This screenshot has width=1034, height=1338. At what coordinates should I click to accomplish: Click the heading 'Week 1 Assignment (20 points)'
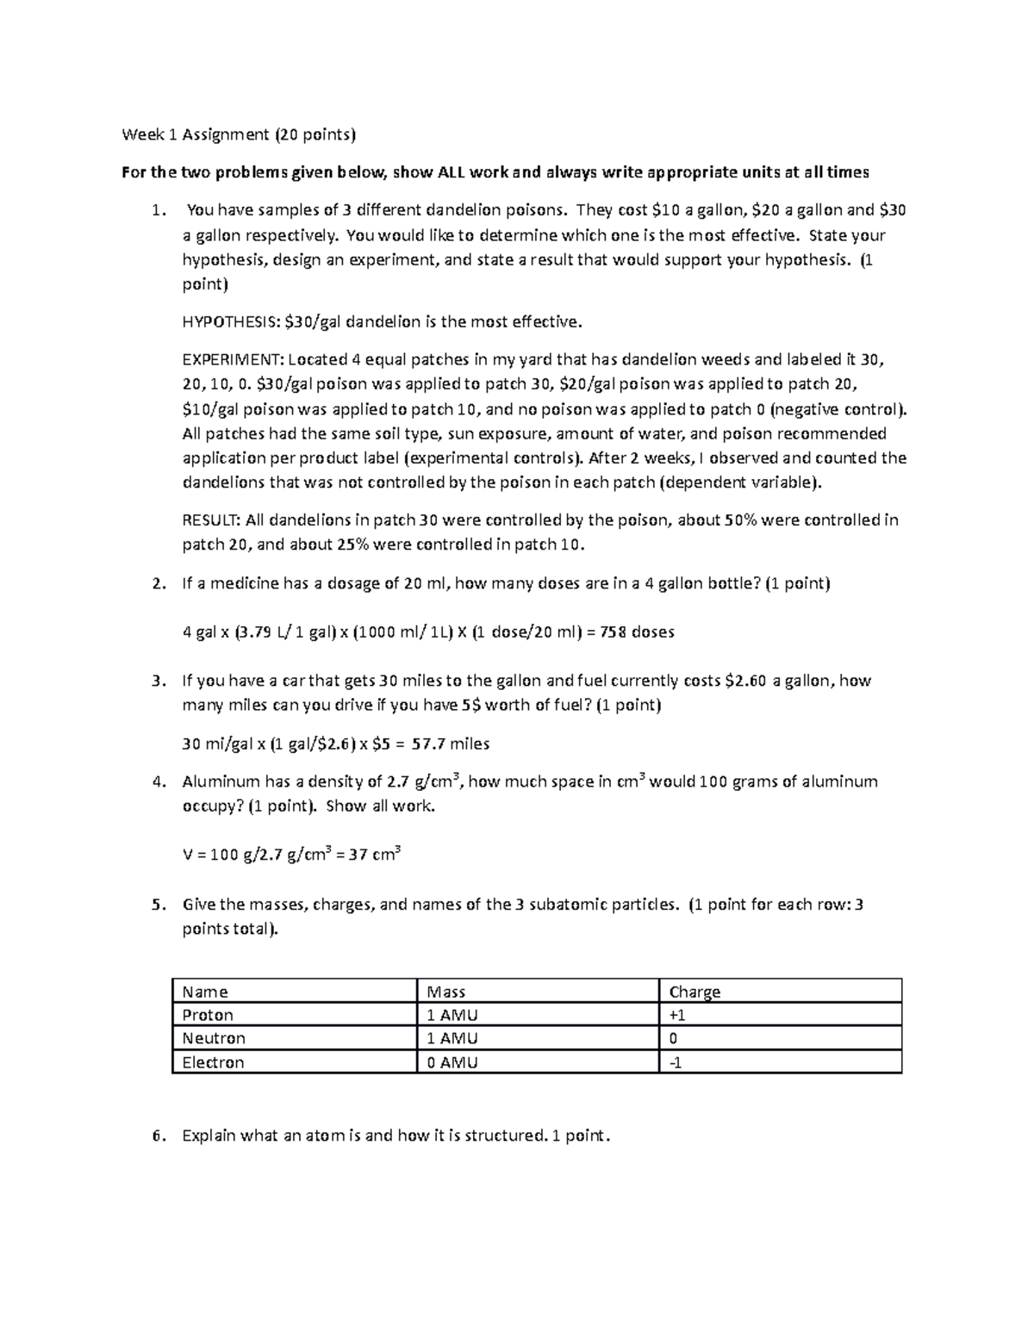pyautogui.click(x=238, y=134)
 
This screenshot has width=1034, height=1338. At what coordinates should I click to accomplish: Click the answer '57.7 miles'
pyautogui.click(x=451, y=744)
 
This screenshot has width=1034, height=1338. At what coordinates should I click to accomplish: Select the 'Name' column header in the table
pyautogui.click(x=205, y=992)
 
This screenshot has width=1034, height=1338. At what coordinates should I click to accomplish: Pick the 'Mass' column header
pyautogui.click(x=446, y=992)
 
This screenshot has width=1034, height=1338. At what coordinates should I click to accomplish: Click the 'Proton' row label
pyautogui.click(x=208, y=1015)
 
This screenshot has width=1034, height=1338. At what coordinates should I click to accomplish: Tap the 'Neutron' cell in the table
pyautogui.click(x=214, y=1038)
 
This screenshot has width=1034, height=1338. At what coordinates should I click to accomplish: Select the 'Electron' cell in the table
pyautogui.click(x=213, y=1062)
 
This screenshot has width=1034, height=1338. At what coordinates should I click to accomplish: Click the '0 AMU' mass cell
pyautogui.click(x=452, y=1062)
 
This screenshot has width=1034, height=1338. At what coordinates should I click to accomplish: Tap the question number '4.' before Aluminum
pyautogui.click(x=157, y=782)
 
